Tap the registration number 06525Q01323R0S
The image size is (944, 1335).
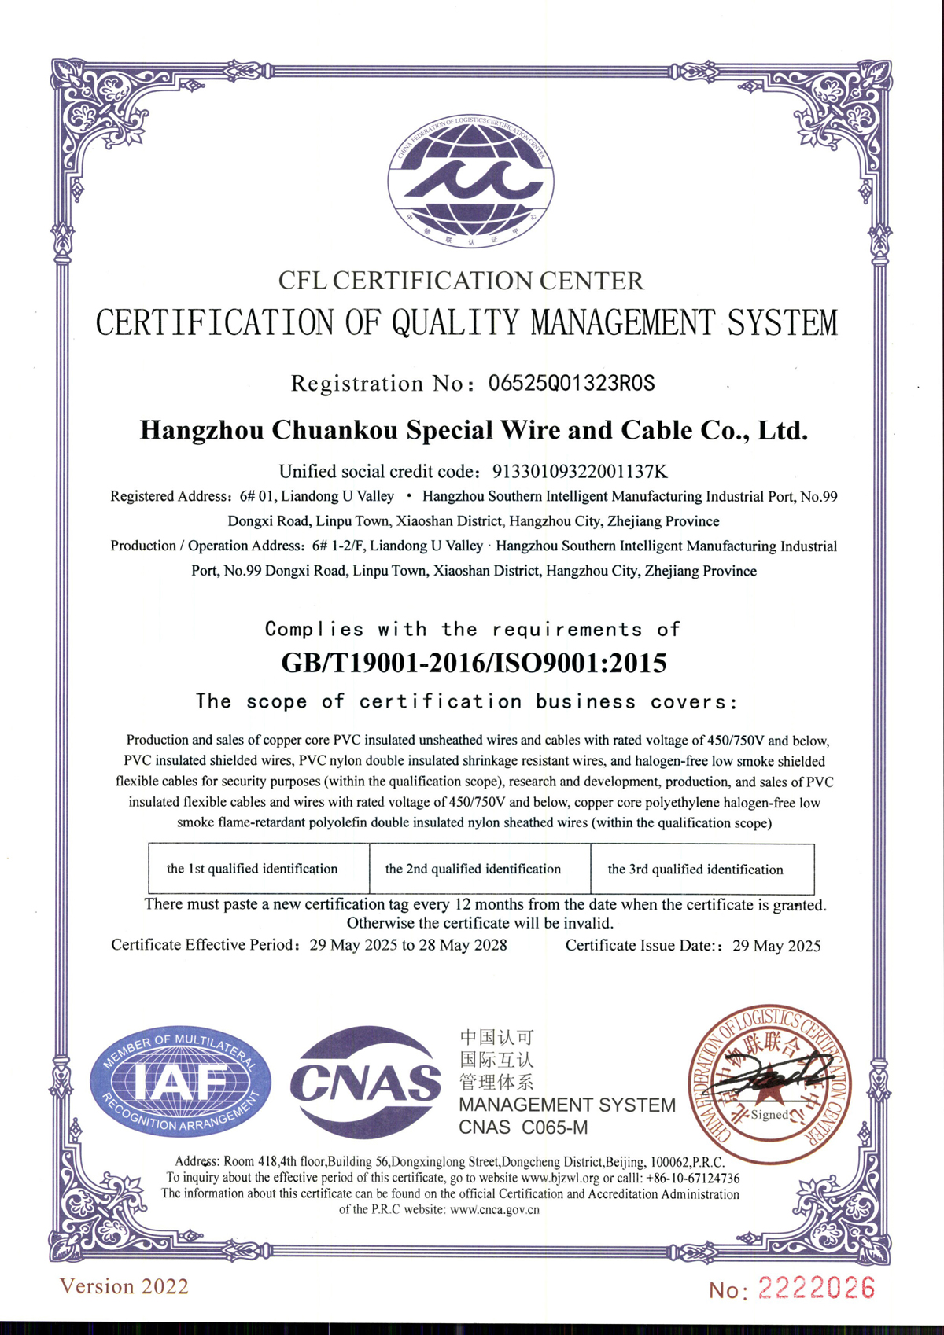point(571,383)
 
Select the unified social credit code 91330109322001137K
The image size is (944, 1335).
point(580,472)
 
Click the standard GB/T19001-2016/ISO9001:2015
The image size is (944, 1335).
point(474,663)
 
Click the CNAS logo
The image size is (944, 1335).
point(366,1083)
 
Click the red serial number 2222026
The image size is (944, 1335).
point(816,1288)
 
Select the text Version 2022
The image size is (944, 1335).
point(124,1286)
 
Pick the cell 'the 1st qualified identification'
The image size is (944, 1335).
point(252,869)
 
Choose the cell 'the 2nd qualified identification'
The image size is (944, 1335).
point(473,869)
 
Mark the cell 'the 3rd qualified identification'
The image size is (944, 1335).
point(695,870)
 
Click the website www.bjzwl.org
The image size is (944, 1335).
point(560,1178)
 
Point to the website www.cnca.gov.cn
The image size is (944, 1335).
point(495,1209)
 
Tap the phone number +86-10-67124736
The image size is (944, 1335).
point(692,1178)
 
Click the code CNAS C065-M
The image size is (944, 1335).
point(523,1127)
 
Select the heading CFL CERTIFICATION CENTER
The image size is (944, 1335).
point(461,281)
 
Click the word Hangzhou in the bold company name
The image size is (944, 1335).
point(201,430)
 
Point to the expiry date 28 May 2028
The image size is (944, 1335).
point(463,945)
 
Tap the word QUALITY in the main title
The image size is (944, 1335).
point(456,322)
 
